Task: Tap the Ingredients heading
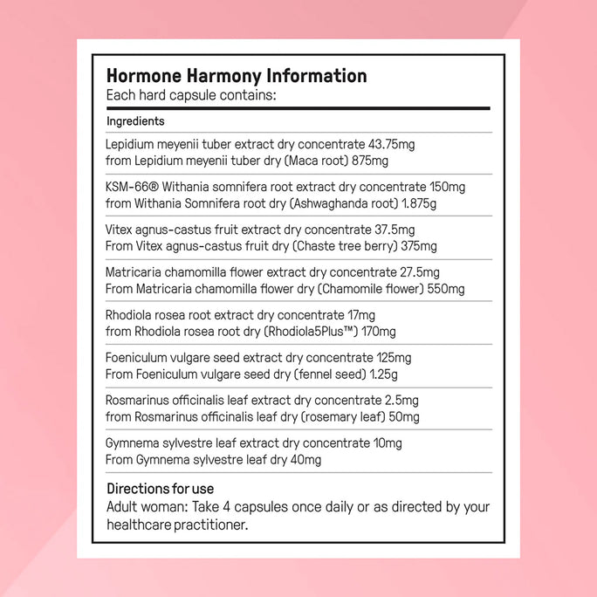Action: tap(135, 121)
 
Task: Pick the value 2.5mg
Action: tap(401, 401)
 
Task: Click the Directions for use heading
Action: tap(160, 489)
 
